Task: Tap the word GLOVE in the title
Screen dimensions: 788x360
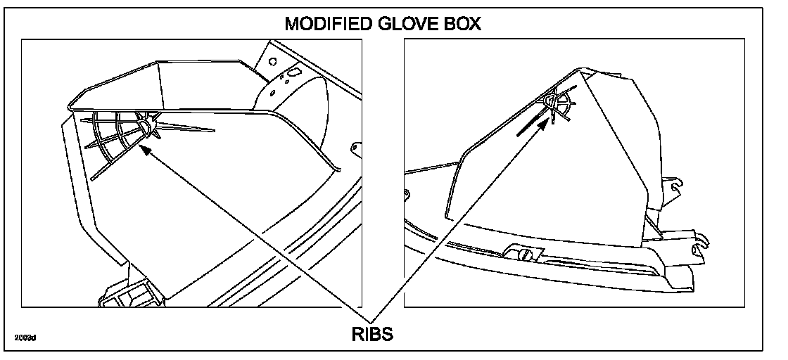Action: click(408, 24)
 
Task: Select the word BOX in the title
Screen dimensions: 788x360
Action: click(462, 24)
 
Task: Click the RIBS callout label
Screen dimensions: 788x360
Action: click(371, 334)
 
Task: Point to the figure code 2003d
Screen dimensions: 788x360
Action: click(25, 338)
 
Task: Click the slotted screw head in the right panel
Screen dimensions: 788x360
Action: click(523, 254)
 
